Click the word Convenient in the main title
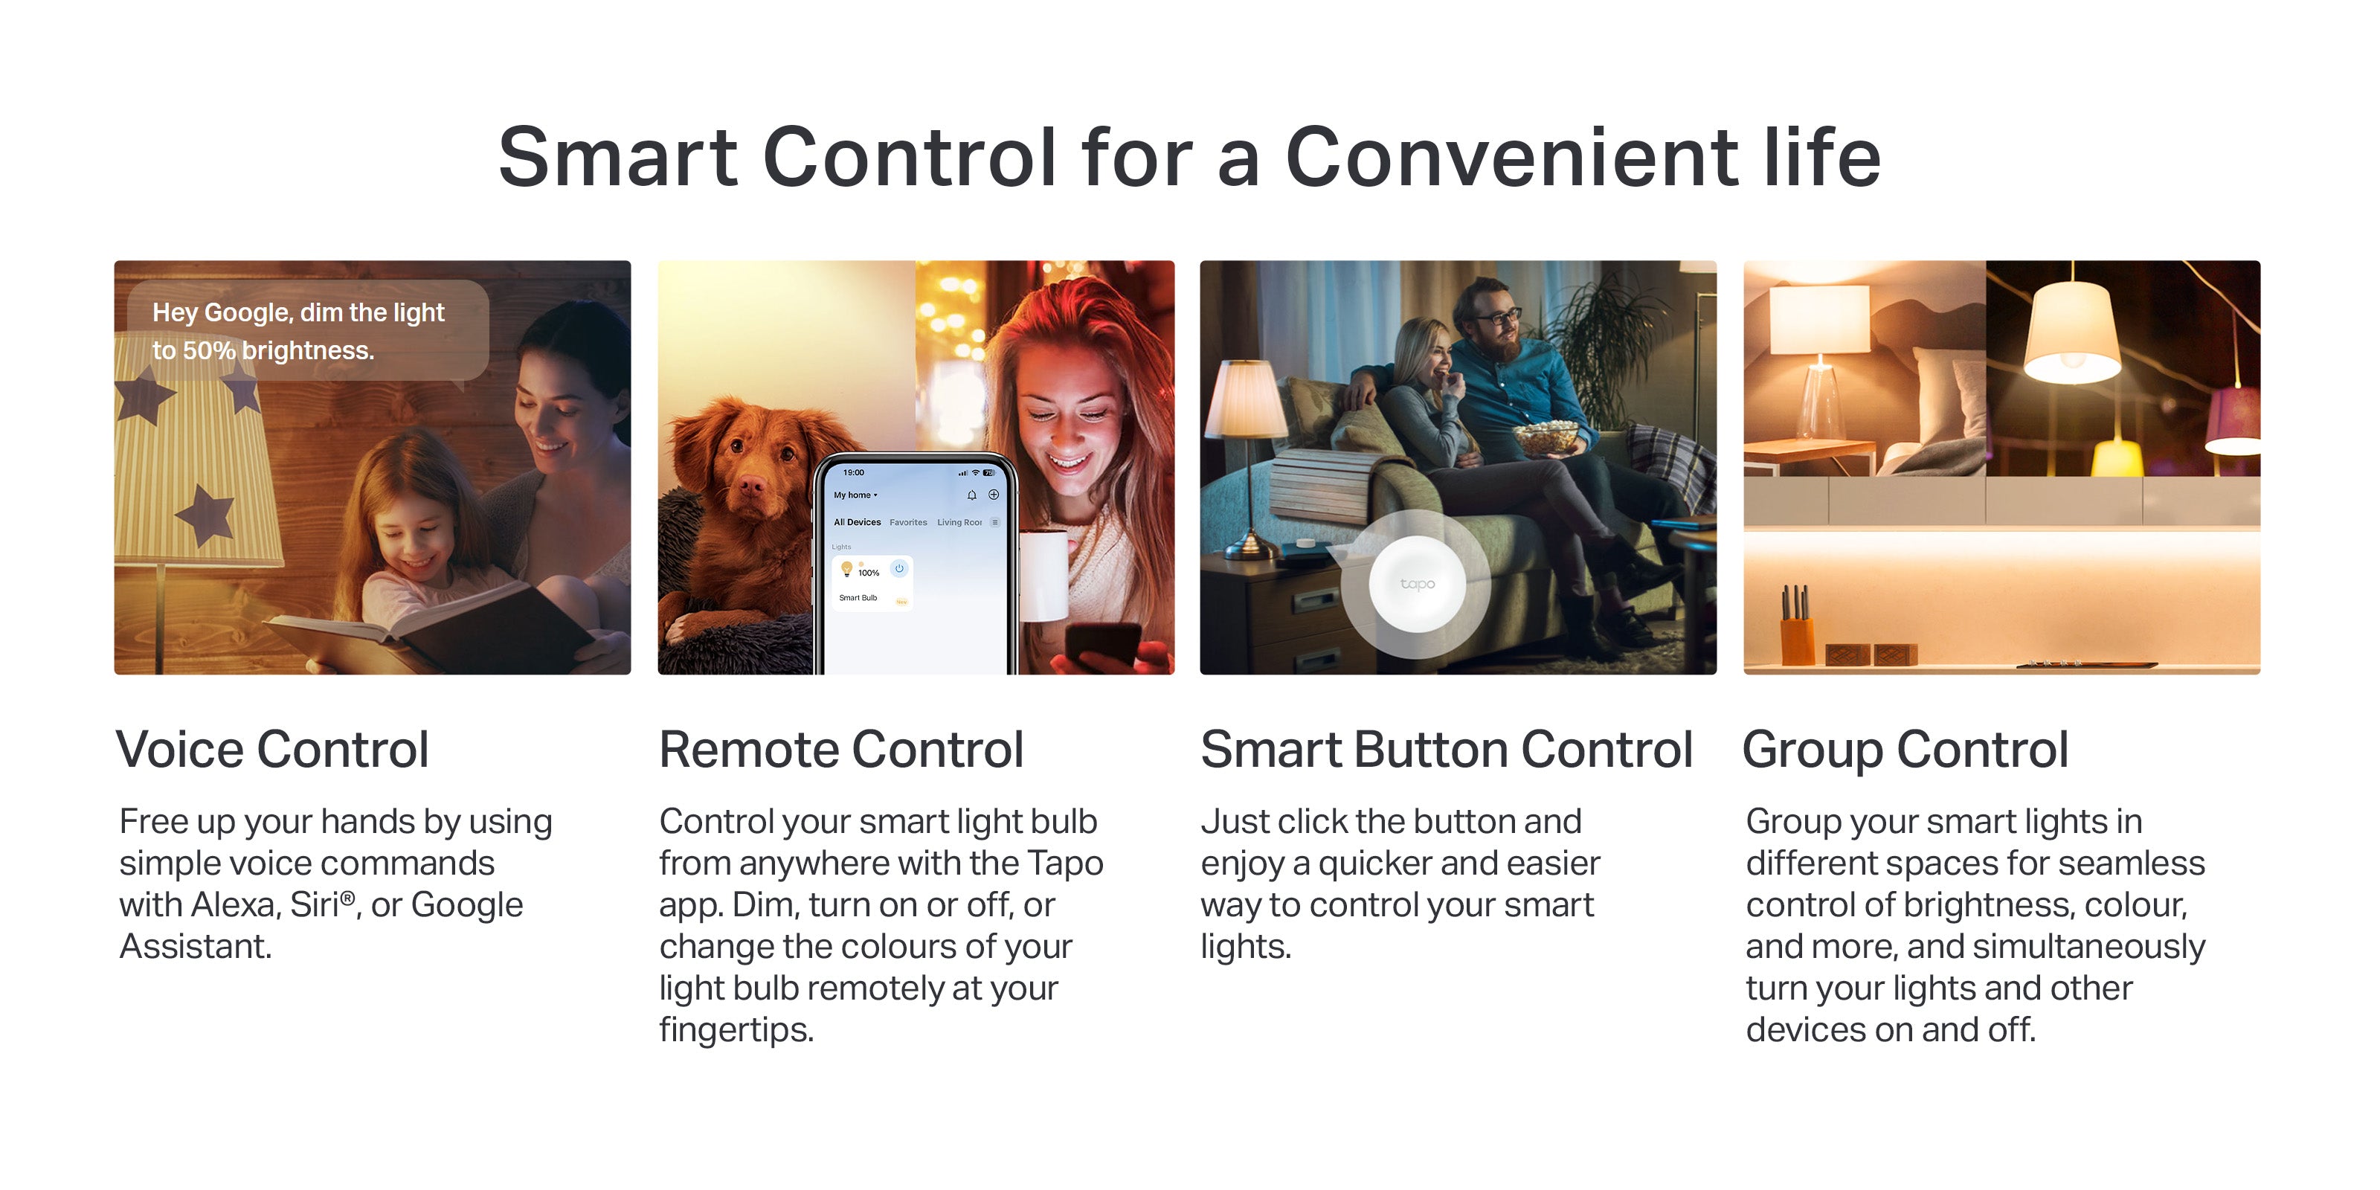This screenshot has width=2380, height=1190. [1514, 157]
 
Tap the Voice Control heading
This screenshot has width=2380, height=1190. [272, 748]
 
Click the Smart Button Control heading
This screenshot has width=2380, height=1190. [1447, 748]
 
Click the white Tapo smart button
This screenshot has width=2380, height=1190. [1416, 584]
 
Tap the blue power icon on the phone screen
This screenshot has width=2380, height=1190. [899, 568]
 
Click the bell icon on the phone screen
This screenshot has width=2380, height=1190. [972, 495]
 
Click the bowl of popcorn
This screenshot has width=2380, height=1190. [1545, 436]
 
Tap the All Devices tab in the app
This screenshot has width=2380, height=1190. [858, 522]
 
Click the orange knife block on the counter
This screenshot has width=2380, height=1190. [1797, 641]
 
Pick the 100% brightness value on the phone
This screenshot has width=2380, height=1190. [869, 573]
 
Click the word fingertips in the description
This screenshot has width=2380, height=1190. [736, 1029]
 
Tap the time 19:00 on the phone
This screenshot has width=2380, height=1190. [854, 472]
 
